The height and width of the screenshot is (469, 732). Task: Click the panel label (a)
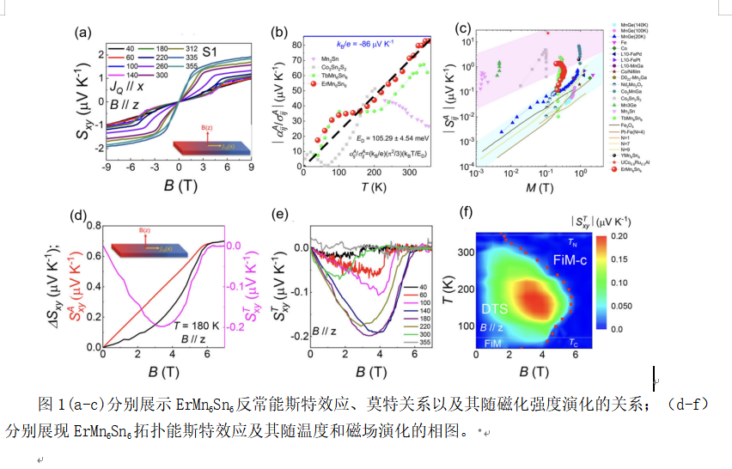[x=83, y=33]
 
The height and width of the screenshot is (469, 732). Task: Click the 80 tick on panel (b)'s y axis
[x=296, y=43]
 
